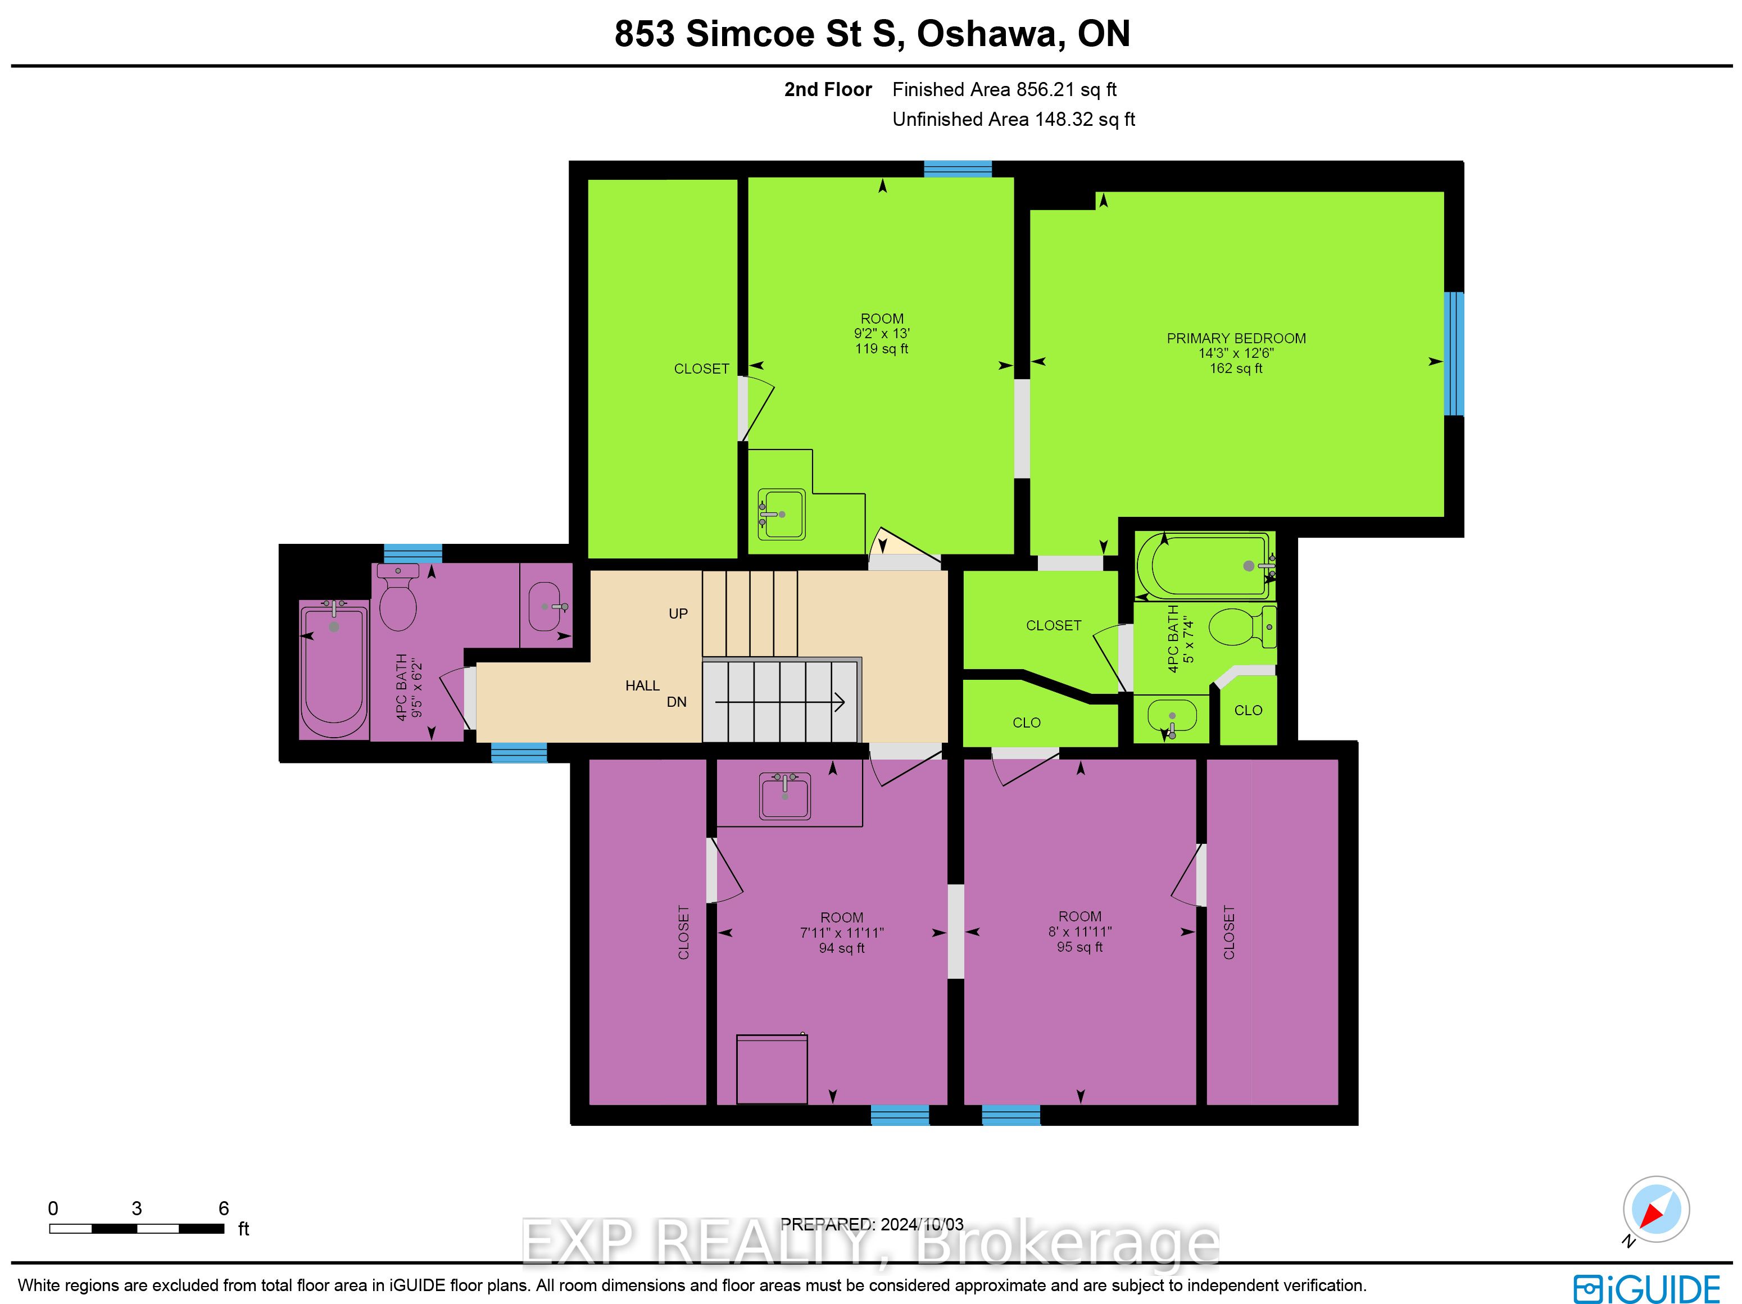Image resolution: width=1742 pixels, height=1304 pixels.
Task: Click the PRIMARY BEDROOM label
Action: [x=1236, y=339]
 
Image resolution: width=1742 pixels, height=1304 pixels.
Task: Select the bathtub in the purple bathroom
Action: [x=334, y=669]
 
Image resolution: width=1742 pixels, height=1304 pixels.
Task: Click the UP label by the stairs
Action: [x=678, y=614]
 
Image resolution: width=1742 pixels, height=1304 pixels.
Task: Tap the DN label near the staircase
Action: [x=677, y=702]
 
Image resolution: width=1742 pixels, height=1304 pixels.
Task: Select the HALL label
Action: [x=643, y=686]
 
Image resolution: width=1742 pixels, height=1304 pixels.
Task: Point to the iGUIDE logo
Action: [x=1646, y=1289]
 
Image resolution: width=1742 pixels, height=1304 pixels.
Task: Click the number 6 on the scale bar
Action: [x=224, y=1208]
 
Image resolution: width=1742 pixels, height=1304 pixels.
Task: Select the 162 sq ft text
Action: [x=1236, y=369]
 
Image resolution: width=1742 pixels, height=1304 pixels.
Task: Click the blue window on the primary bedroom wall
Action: [x=1454, y=353]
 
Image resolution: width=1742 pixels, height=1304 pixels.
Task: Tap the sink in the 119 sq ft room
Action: [x=781, y=514]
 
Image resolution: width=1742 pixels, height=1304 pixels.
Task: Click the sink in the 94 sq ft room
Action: [x=785, y=796]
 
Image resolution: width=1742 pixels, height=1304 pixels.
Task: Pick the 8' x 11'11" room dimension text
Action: [x=1079, y=932]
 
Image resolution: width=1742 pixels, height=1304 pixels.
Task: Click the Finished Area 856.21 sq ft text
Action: [x=1004, y=90]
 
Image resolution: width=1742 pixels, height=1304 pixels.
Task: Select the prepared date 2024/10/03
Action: [x=922, y=1224]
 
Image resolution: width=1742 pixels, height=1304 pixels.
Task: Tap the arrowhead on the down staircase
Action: [x=840, y=702]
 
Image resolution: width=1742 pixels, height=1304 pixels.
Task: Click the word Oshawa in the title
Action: [x=991, y=33]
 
